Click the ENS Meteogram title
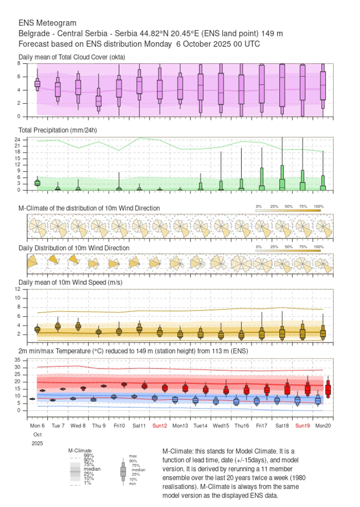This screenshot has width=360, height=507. coord(47,23)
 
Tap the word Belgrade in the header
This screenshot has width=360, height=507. coord(32,33)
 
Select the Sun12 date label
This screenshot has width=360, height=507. coord(160,425)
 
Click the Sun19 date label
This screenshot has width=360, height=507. coord(303,425)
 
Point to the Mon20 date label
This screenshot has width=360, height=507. coord(323,425)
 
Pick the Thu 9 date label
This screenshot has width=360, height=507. coord(99,425)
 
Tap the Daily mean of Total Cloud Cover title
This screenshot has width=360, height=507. coord(72,57)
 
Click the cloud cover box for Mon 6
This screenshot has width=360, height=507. coord(37,83)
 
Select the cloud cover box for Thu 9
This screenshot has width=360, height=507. coord(99,101)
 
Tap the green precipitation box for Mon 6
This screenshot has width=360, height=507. coord(37,183)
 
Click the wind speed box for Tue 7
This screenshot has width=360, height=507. coord(58,326)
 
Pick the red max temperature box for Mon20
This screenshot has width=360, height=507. coord(328,389)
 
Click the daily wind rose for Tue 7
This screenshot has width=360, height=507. coord(54,259)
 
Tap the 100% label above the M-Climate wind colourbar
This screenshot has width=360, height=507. coord(318,206)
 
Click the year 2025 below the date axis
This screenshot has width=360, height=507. coord(37,443)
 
